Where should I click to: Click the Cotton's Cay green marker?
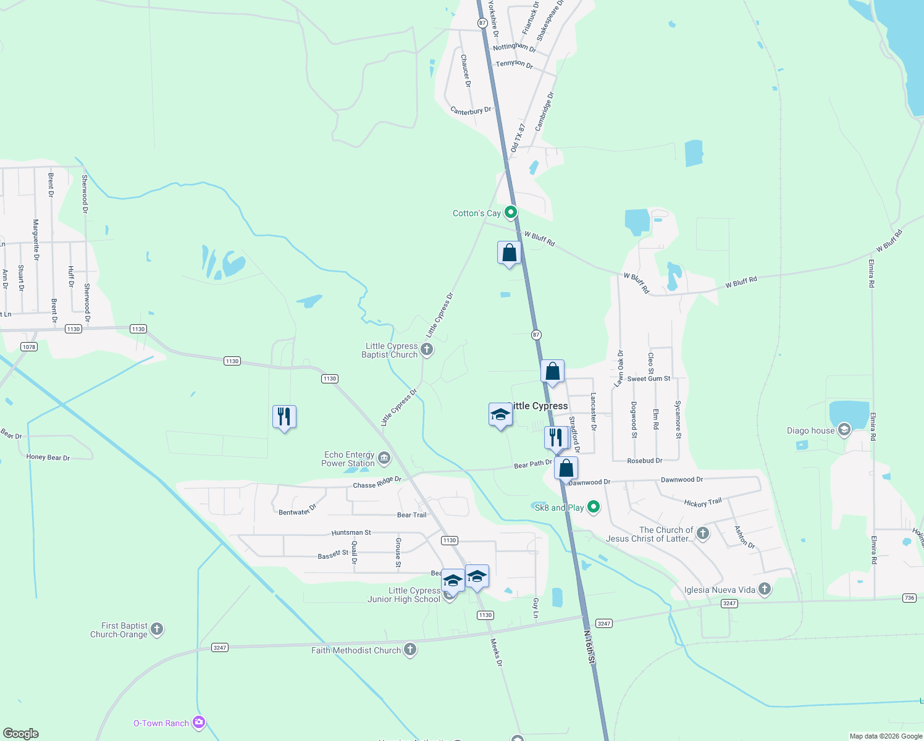click(x=510, y=213)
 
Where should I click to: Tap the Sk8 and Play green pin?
click(x=594, y=508)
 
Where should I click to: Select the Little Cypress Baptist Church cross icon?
click(x=427, y=350)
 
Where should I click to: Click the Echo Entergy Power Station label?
click(x=348, y=459)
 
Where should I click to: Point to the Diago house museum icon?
click(x=844, y=430)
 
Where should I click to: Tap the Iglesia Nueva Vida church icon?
click(x=765, y=589)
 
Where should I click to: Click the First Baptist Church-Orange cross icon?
click(x=157, y=629)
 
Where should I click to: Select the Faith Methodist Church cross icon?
click(x=410, y=649)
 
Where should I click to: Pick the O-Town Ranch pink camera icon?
click(x=198, y=722)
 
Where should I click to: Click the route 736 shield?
click(x=909, y=598)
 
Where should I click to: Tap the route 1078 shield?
click(x=29, y=347)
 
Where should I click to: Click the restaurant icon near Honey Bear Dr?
click(x=284, y=417)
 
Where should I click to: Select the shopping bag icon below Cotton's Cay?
click(x=509, y=253)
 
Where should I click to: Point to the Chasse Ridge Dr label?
click(x=377, y=482)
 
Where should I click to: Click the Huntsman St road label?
click(x=351, y=532)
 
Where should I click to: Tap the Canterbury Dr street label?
click(x=471, y=111)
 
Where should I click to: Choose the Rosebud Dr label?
click(x=644, y=461)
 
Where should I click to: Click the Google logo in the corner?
click(x=21, y=734)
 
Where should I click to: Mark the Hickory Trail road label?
click(x=703, y=503)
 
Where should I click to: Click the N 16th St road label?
click(x=590, y=648)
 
